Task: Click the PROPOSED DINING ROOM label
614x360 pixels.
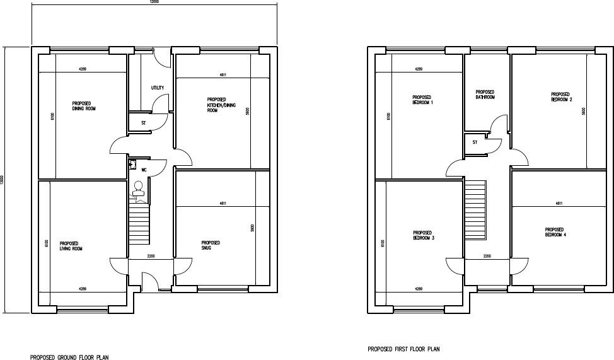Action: point(84,106)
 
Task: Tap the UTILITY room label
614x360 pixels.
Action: point(158,88)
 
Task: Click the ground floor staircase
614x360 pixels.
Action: point(139,224)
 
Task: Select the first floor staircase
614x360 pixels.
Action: point(476,209)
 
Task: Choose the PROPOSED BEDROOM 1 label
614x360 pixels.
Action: point(423,100)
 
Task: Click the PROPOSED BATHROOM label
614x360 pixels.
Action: point(485,95)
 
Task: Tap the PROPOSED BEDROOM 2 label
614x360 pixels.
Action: point(561,96)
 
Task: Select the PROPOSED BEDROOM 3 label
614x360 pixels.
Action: point(423,235)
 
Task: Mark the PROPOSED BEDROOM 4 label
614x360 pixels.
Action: point(555,232)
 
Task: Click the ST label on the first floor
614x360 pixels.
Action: point(474,142)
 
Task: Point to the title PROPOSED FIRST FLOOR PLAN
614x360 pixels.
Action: point(403,349)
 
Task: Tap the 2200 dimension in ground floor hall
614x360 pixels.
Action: point(151,257)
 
